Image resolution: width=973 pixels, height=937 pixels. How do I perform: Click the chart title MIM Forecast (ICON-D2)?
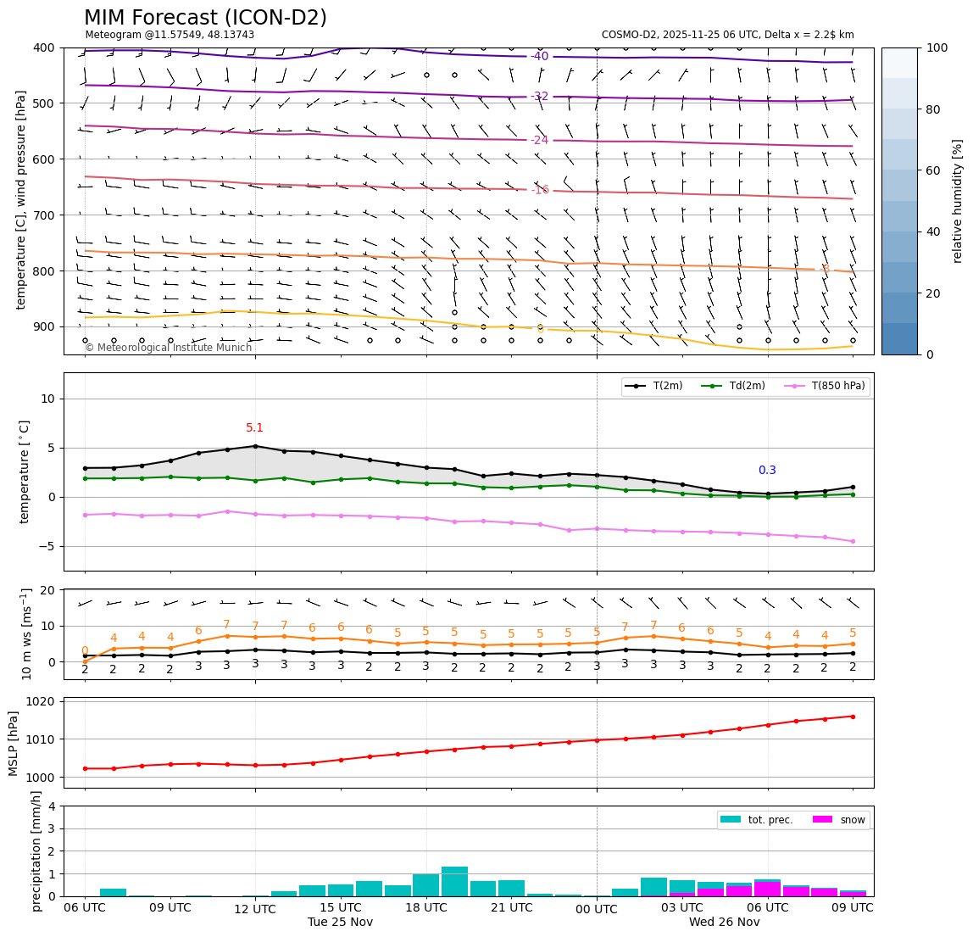click(x=205, y=18)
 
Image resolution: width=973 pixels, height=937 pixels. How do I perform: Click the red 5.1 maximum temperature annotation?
click(x=254, y=428)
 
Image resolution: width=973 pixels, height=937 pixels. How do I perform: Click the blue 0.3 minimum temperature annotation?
click(x=767, y=471)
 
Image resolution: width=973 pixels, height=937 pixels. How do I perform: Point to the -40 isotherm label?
click(x=539, y=57)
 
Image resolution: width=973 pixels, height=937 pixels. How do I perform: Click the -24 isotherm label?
click(x=539, y=140)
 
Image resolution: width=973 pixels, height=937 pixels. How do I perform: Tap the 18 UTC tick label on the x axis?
click(x=425, y=907)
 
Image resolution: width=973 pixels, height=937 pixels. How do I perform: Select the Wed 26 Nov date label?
click(x=724, y=923)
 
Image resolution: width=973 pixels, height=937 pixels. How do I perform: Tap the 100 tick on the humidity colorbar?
click(x=937, y=47)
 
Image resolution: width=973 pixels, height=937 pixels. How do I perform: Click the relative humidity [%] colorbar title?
click(x=958, y=201)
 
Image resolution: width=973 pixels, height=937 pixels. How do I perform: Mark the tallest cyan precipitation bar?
click(x=454, y=881)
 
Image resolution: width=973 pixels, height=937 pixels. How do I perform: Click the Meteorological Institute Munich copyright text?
click(x=168, y=348)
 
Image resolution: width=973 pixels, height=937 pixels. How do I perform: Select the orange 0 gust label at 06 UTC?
click(x=85, y=651)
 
